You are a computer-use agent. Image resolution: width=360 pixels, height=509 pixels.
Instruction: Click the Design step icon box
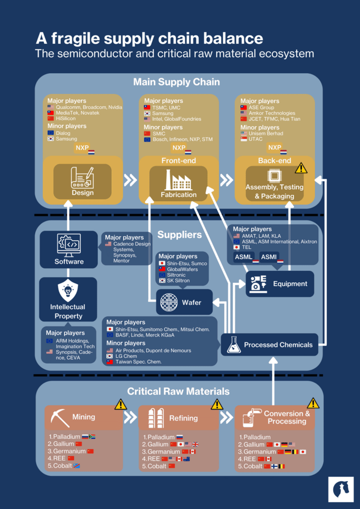click(x=83, y=181)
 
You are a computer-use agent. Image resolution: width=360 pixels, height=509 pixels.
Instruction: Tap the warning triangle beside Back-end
click(x=301, y=168)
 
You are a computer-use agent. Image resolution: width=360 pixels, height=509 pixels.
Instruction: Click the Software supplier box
click(x=69, y=250)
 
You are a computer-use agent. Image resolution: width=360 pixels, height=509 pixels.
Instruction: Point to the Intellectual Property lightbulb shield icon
click(x=68, y=290)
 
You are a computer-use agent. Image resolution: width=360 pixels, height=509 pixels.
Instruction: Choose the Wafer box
click(x=184, y=301)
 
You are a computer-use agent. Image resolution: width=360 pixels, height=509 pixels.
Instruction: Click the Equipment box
click(x=280, y=284)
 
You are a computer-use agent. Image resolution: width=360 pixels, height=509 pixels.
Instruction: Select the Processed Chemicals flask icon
click(x=234, y=344)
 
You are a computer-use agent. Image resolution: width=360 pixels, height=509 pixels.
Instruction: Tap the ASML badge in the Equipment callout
click(x=244, y=257)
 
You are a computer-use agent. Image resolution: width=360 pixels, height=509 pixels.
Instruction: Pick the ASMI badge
click(x=269, y=257)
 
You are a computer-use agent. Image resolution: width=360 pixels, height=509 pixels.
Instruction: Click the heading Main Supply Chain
click(x=177, y=82)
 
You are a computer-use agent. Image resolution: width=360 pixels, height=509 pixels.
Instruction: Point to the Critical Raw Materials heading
click(x=178, y=391)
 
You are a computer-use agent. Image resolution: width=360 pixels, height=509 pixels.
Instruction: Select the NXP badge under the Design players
click(x=82, y=148)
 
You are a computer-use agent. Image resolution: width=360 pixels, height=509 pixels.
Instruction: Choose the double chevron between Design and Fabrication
click(x=130, y=179)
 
